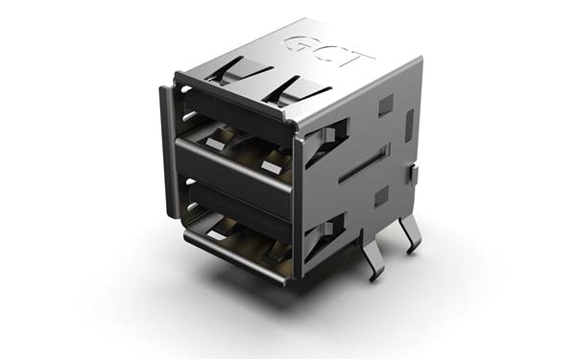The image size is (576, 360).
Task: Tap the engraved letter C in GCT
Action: point(327,53)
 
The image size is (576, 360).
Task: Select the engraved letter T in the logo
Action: point(357,60)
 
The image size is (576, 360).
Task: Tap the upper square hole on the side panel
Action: point(385,104)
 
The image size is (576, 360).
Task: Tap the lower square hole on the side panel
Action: point(381,197)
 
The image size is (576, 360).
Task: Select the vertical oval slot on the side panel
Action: point(410,123)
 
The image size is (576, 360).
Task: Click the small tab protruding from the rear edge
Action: point(414,175)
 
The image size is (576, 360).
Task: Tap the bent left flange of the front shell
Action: point(167,154)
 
